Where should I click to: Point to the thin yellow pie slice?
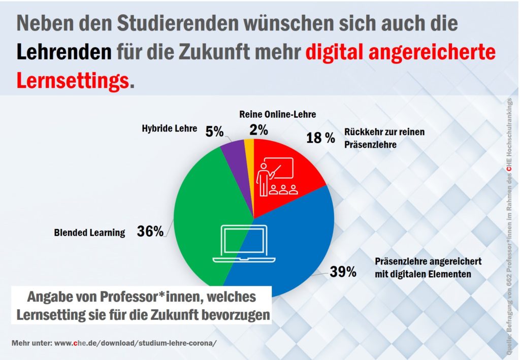249,147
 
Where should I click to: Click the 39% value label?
343,272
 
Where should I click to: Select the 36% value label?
150,232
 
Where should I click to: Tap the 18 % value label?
320,137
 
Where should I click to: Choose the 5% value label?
214,132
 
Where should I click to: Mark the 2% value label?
258,130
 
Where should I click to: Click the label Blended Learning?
89,233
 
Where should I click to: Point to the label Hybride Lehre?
169,128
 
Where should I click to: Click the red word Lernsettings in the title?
73,80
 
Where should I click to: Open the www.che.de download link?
135,342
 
